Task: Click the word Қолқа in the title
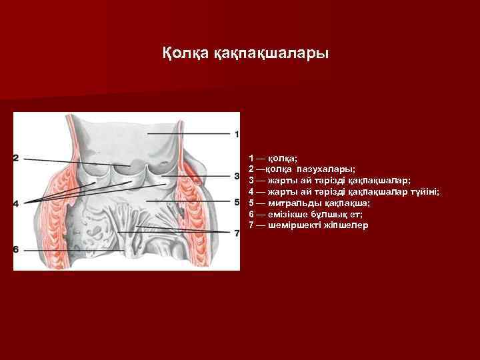point(185,52)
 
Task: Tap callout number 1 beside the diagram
point(237,135)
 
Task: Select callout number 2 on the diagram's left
point(16,158)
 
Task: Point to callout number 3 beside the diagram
point(237,176)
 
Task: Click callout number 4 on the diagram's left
point(16,201)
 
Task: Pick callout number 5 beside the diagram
point(237,201)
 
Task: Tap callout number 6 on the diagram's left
point(16,249)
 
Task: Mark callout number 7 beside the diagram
point(237,233)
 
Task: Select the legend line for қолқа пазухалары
point(302,170)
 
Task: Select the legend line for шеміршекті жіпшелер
point(308,225)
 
